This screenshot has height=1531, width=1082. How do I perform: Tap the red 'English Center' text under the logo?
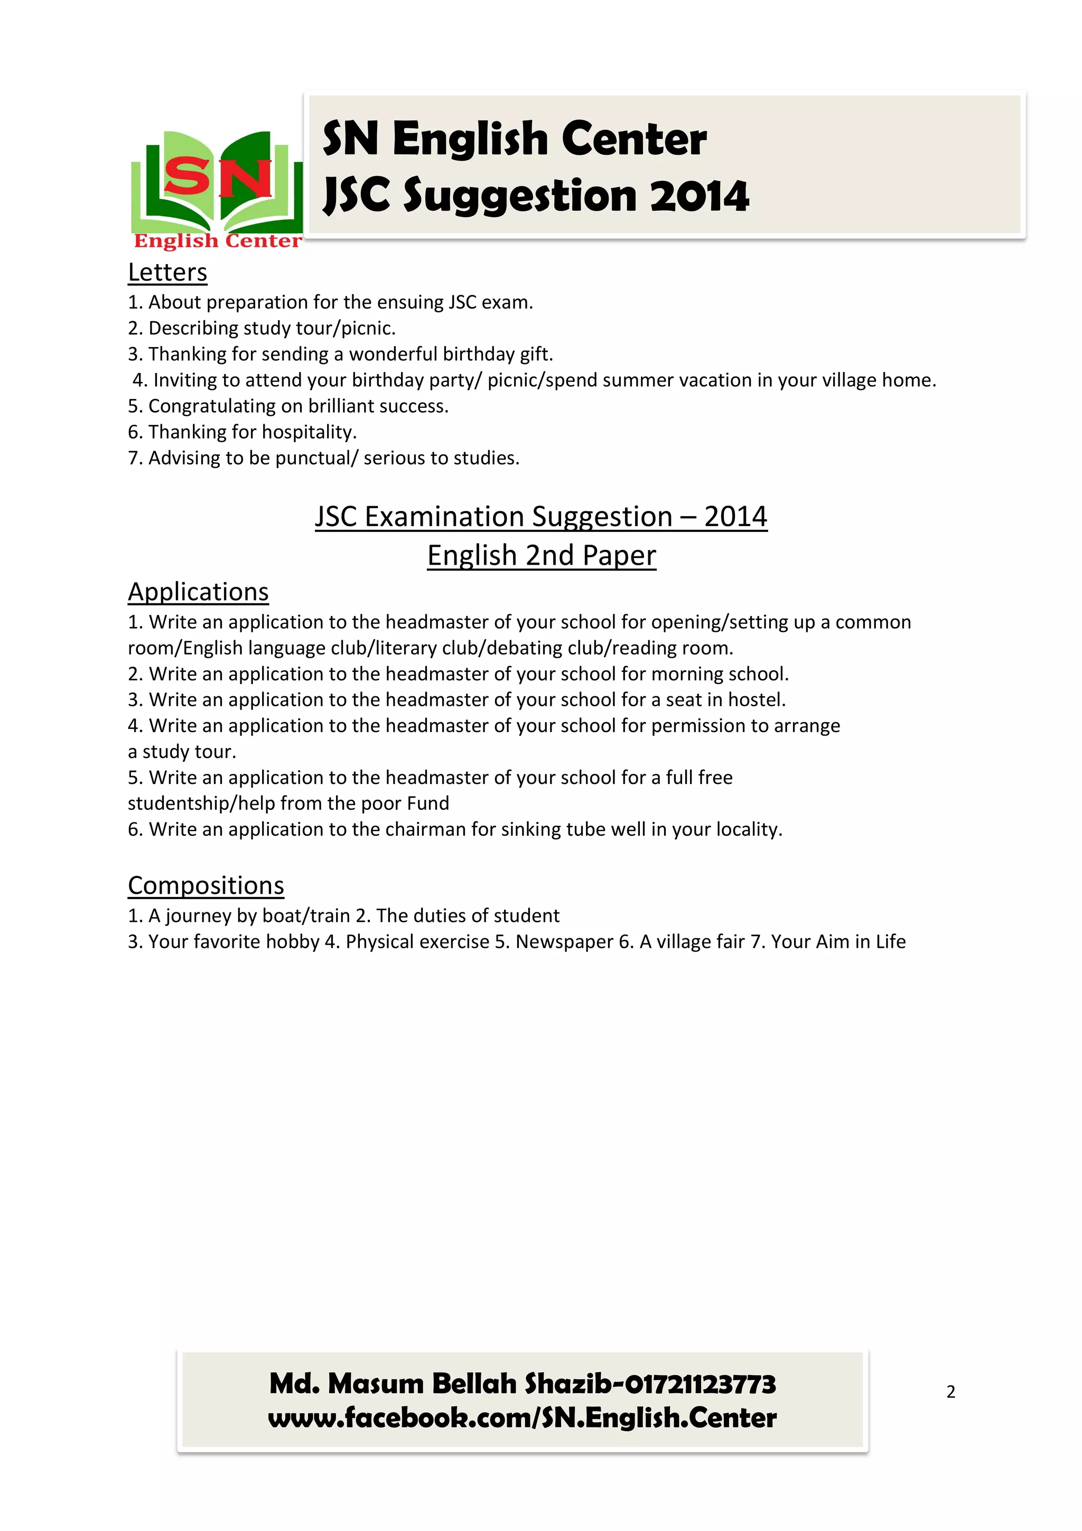click(218, 241)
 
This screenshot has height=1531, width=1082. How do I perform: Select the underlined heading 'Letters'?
click(167, 272)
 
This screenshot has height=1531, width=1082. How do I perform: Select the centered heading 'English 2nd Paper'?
click(542, 555)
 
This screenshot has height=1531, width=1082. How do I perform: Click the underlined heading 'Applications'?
click(198, 592)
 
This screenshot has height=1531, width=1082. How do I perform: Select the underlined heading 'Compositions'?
click(206, 885)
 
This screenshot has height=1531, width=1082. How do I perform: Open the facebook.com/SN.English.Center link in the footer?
click(522, 1418)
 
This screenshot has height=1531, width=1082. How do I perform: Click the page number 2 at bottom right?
click(950, 1392)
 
